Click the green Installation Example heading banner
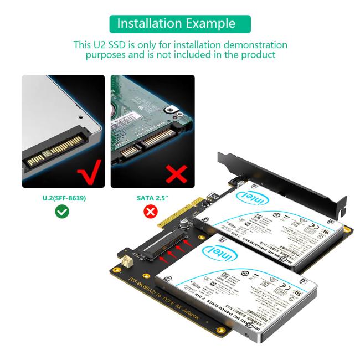[180, 24]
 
